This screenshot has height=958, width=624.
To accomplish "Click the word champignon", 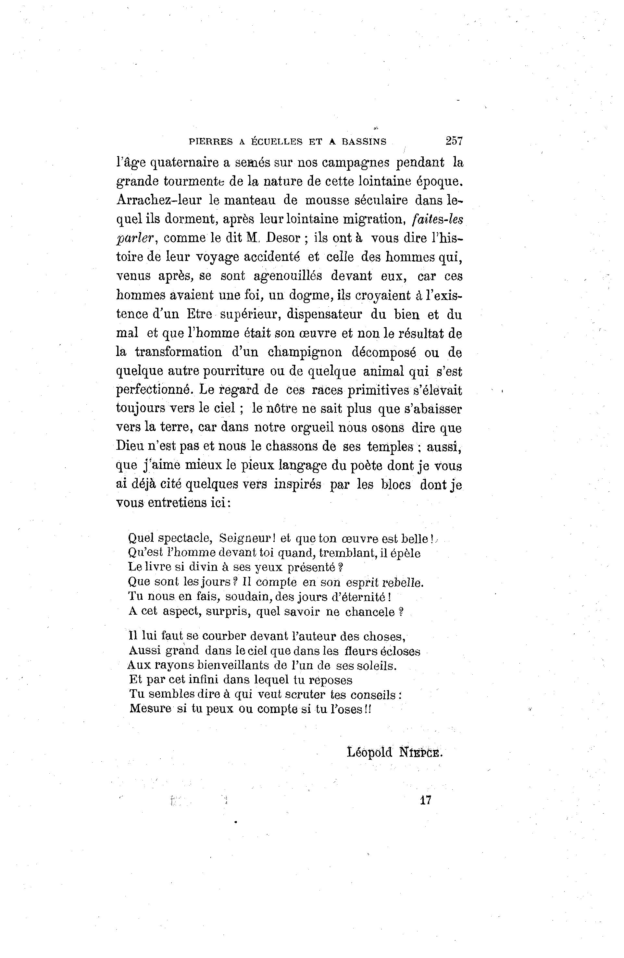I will pos(305,352).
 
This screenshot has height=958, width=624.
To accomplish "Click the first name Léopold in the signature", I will pos(369,752).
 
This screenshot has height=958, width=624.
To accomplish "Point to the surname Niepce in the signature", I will pos(420,752).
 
